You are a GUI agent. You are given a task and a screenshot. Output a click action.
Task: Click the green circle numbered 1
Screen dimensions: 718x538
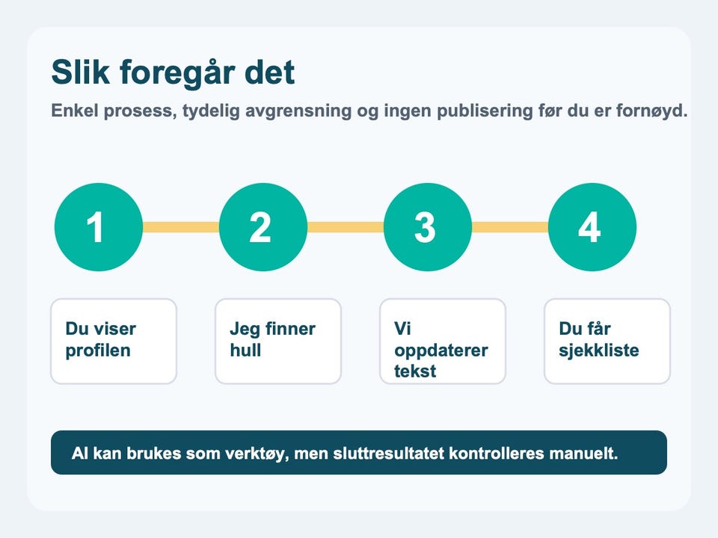click(99, 227)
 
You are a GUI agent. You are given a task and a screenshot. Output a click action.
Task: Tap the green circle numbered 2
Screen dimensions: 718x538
click(263, 227)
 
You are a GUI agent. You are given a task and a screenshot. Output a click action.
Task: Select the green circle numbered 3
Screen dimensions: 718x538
click(428, 227)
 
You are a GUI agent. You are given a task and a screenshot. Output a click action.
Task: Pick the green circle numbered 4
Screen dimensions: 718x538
click(592, 227)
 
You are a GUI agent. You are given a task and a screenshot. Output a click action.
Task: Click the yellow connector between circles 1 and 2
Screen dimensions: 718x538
click(181, 227)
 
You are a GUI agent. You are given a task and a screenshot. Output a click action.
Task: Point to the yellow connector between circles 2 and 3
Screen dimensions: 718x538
click(346, 227)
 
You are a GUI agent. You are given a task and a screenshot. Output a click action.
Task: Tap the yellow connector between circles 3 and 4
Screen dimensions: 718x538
click(510, 227)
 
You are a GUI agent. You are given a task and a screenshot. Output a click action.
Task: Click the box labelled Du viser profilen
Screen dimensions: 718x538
click(114, 341)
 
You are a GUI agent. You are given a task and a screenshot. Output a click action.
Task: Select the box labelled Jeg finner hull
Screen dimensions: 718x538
click(278, 341)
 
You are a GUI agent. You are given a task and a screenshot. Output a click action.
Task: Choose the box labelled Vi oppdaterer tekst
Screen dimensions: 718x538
click(443, 341)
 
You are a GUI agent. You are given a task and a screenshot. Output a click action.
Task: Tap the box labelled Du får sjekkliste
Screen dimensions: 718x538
click(607, 341)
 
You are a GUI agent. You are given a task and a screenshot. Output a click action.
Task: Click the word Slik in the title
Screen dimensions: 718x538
click(81, 72)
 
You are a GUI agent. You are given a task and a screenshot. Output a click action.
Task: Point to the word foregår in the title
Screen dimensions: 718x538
click(177, 74)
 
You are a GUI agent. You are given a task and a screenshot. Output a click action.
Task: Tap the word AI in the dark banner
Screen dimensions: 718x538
click(80, 454)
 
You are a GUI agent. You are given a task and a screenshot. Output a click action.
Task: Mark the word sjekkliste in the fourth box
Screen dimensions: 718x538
click(598, 350)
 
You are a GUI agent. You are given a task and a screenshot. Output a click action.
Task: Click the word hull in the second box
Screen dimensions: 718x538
click(245, 350)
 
